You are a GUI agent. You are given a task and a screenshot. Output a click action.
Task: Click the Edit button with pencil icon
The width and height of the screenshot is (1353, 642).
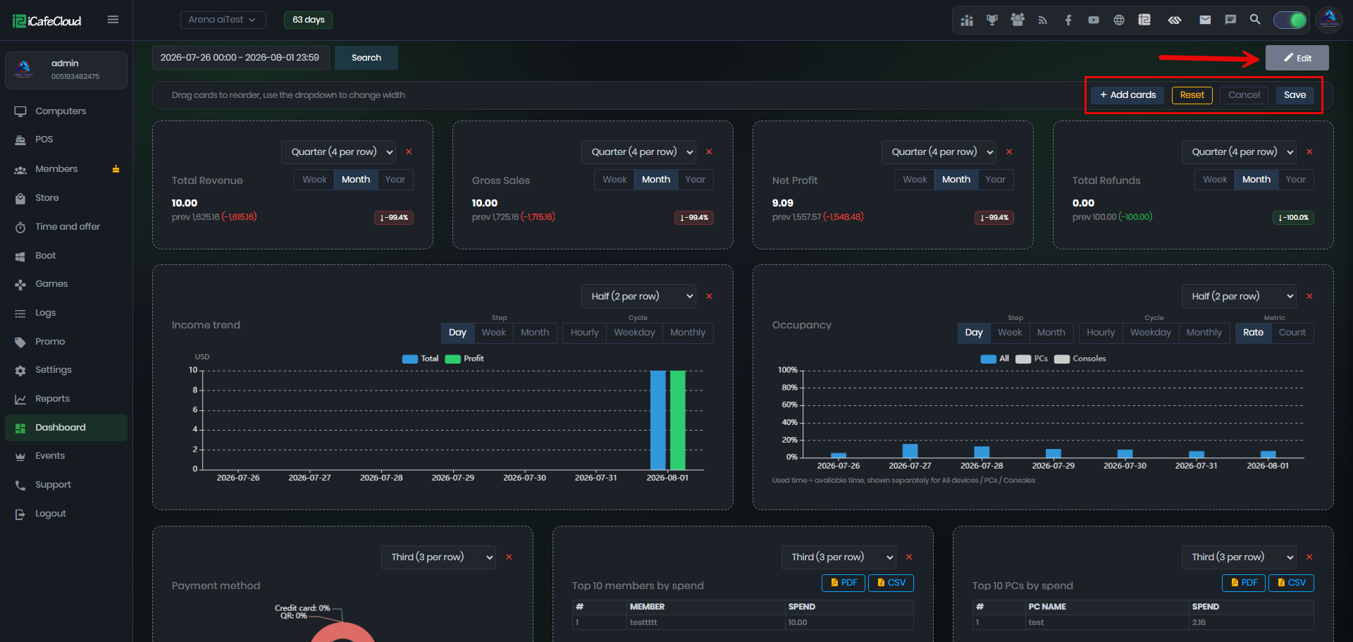tap(1297, 58)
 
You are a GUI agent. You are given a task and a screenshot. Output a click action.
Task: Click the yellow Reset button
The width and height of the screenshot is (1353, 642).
tap(1192, 95)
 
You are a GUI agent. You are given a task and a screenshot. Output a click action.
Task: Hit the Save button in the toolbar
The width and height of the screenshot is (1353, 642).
tap(1295, 95)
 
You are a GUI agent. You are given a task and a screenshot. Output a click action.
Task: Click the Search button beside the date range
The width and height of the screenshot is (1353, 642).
tap(366, 58)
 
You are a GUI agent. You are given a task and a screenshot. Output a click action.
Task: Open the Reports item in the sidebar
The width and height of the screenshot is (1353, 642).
tap(52, 399)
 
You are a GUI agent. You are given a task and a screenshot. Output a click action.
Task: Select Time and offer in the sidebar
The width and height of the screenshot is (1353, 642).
tap(68, 226)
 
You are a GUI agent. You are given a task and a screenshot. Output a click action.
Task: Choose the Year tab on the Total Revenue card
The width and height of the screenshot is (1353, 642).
tap(395, 180)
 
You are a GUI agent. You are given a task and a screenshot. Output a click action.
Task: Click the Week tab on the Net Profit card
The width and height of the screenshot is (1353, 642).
tap(915, 180)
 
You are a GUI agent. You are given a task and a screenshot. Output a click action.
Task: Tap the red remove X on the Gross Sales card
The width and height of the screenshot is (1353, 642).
tap(709, 152)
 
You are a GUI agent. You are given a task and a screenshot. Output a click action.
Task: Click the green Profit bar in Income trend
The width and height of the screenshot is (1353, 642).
tap(677, 420)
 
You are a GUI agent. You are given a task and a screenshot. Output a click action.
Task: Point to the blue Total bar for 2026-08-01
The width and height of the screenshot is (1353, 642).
tap(658, 420)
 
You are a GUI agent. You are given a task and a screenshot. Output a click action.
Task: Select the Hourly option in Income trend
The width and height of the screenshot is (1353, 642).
tap(584, 333)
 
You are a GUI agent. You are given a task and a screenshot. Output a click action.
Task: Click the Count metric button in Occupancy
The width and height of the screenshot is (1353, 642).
tap(1292, 333)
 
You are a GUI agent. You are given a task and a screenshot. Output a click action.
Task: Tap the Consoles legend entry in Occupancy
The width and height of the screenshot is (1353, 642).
tap(1080, 359)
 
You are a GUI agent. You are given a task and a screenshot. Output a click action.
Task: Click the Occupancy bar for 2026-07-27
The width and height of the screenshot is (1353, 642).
tap(910, 451)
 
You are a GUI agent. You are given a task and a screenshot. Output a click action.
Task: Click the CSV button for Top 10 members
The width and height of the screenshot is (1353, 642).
tap(891, 583)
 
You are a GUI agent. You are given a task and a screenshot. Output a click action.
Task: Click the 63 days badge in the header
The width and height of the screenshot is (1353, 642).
tap(309, 20)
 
